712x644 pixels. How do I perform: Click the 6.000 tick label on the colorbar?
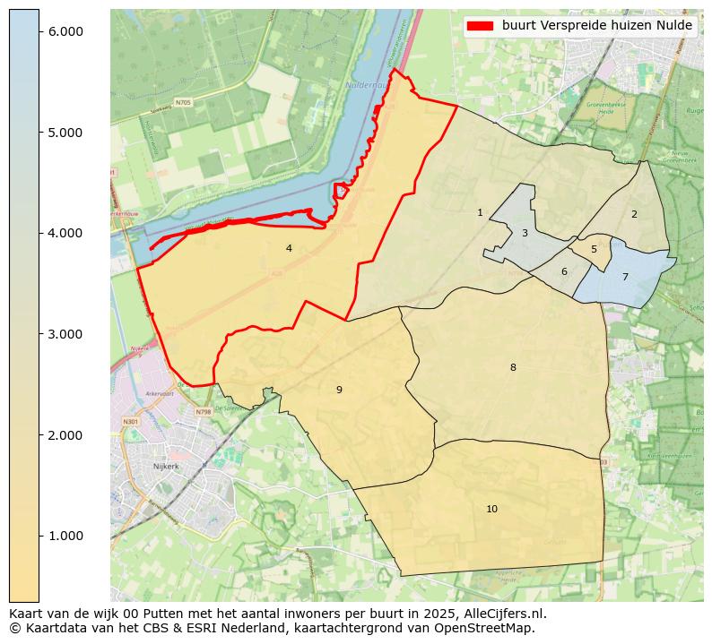[x=65, y=31]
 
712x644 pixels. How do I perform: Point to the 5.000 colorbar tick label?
[x=65, y=133]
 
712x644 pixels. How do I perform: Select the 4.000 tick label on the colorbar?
[x=65, y=233]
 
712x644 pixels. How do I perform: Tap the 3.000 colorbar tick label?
[x=65, y=334]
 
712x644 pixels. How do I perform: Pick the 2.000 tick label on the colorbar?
[x=65, y=435]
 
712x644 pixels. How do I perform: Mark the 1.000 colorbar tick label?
[x=65, y=536]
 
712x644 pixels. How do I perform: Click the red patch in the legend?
[x=481, y=26]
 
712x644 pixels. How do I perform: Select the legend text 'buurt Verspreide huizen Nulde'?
[x=596, y=26]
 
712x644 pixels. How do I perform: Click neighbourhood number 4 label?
[x=289, y=248]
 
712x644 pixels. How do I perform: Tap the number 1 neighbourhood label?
[x=480, y=212]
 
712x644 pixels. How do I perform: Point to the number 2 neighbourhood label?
[x=634, y=214]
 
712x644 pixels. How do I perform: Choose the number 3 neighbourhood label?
[x=525, y=233]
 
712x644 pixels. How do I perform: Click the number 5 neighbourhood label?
[x=594, y=249]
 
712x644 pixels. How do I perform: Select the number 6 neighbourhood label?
[x=564, y=271]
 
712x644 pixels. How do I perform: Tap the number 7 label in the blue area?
[x=625, y=277]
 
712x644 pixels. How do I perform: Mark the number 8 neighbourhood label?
[x=513, y=367]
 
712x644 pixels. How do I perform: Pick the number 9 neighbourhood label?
[x=339, y=390]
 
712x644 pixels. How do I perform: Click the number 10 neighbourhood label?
[x=491, y=509]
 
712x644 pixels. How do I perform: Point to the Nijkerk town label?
[x=167, y=467]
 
